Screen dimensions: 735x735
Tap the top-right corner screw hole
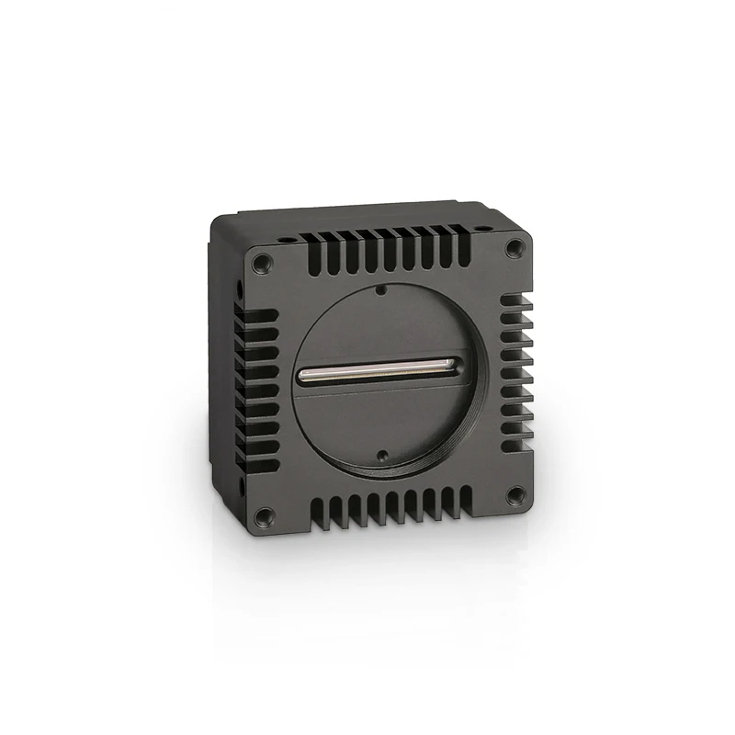(x=514, y=245)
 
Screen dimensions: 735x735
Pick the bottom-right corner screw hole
(x=514, y=494)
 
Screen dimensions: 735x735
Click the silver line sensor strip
(x=377, y=369)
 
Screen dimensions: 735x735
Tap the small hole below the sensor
(x=379, y=453)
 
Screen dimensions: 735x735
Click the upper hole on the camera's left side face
(x=237, y=291)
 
